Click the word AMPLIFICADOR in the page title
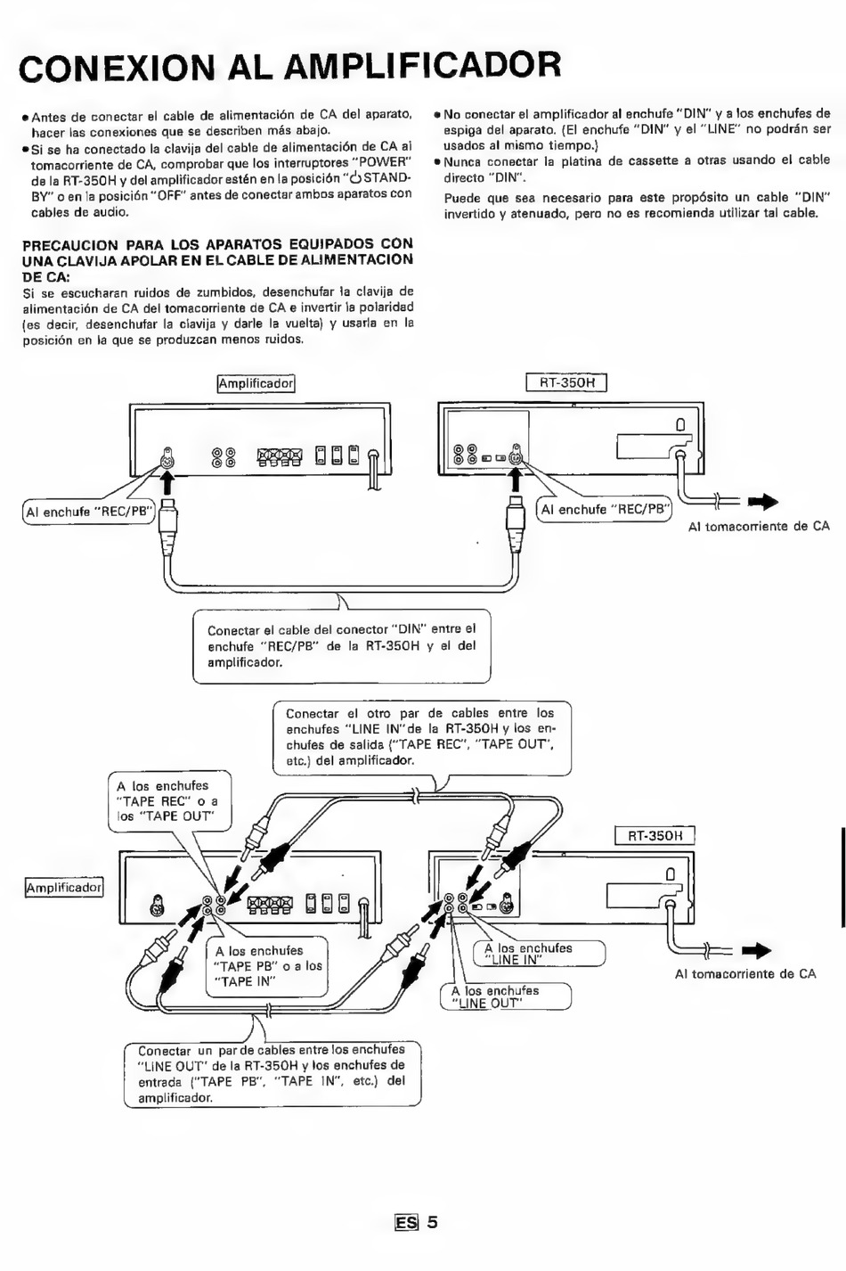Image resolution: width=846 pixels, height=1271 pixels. (x=422, y=65)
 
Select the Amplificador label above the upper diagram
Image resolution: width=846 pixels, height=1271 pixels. (x=256, y=383)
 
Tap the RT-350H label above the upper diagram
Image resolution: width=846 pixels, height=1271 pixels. (x=566, y=382)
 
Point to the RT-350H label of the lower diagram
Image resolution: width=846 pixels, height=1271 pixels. (x=655, y=836)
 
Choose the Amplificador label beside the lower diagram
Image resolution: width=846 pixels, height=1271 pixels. (x=64, y=887)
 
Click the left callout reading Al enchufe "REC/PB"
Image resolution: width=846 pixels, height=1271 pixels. (x=90, y=512)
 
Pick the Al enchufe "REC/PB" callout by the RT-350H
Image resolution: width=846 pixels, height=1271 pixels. (x=604, y=510)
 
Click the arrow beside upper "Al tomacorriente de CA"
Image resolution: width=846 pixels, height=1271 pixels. (x=762, y=502)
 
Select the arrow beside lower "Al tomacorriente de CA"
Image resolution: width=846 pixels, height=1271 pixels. (x=756, y=950)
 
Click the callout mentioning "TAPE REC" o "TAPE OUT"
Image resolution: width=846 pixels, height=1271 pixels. (x=169, y=801)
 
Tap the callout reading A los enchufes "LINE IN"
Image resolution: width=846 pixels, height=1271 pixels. (x=540, y=954)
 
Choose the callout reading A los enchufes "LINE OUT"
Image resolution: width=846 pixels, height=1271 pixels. (x=506, y=997)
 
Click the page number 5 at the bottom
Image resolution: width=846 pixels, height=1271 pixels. (x=432, y=1221)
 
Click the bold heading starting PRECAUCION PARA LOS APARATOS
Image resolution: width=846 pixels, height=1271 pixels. (x=218, y=260)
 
